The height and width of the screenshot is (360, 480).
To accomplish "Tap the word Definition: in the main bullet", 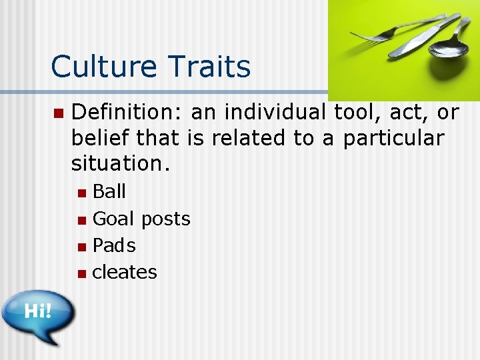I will coord(127,113).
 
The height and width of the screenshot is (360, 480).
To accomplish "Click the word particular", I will coord(393,138).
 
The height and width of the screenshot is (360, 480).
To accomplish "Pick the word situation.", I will coord(121,163).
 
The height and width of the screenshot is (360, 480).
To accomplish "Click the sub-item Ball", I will coord(109,192).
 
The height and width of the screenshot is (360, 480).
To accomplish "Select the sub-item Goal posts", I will coord(141,219).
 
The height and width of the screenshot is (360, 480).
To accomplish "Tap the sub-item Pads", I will coord(114,245).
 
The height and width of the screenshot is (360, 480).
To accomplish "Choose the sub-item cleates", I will coord(125,272).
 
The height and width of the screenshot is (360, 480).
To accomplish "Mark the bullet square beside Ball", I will coord(81,193).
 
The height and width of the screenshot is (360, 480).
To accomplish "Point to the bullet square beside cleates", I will coord(81,273).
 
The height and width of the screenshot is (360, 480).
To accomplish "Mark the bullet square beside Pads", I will coord(81,247).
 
